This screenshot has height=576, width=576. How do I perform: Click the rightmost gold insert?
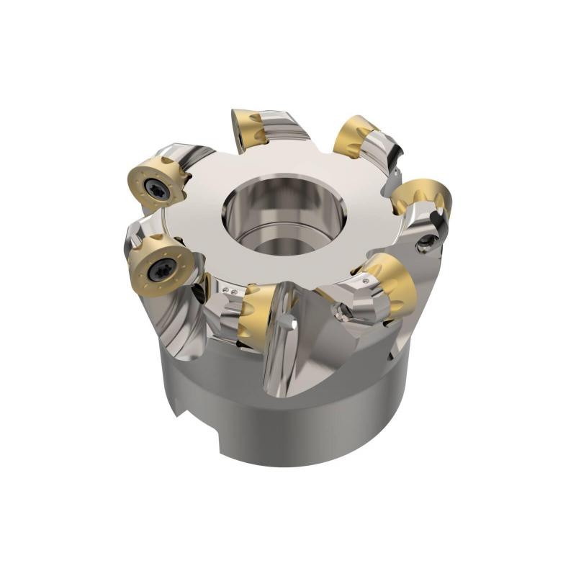point(423,196)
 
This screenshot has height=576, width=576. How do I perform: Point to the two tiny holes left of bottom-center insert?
point(231,291)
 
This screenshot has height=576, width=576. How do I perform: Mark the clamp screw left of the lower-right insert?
point(343,312)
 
